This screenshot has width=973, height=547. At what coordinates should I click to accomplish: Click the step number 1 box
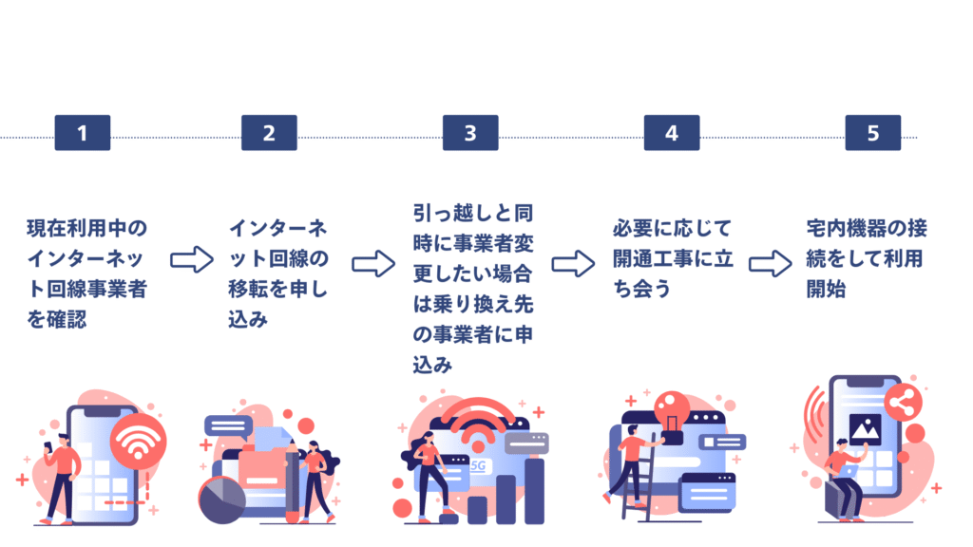point(82,133)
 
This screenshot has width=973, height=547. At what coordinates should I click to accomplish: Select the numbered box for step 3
point(469,133)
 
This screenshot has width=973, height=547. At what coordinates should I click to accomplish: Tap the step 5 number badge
point(872,133)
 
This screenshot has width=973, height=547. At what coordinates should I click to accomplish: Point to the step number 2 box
point(268,133)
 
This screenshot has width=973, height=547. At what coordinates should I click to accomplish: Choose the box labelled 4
point(671,133)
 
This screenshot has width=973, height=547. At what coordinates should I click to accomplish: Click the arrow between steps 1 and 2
point(192,259)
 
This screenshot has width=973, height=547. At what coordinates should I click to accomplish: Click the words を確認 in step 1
point(56,319)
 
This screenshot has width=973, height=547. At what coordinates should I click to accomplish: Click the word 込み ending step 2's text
point(249,319)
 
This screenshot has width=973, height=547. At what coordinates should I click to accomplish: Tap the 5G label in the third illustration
point(479,466)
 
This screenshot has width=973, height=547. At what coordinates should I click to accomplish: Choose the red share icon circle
point(902,405)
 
